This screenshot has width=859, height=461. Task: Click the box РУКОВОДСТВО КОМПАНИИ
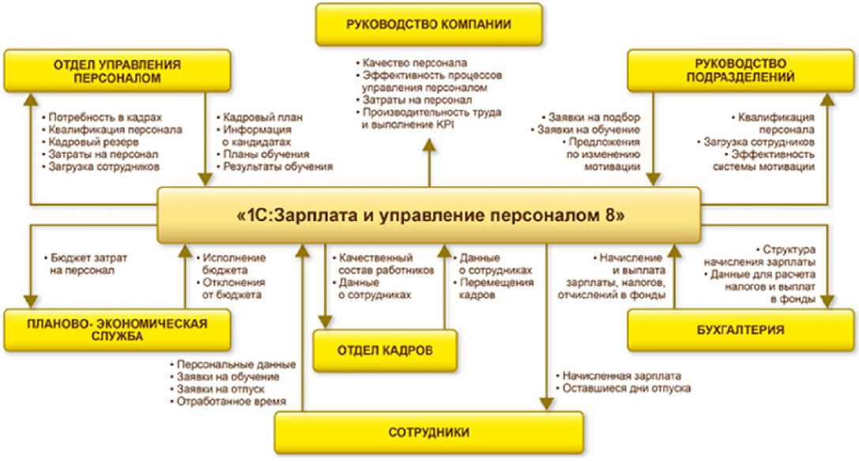click(428, 24)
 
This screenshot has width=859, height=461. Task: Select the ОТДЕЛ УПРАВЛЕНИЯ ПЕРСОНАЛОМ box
click(116, 71)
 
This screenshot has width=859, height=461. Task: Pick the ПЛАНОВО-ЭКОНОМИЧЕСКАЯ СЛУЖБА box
click(116, 329)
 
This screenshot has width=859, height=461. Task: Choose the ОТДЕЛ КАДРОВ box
click(386, 350)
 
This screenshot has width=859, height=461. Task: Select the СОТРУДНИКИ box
click(429, 433)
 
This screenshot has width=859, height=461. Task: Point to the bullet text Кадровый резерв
click(92, 142)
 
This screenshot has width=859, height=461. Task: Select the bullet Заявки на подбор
click(592, 117)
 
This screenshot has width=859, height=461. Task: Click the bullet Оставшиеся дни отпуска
click(627, 388)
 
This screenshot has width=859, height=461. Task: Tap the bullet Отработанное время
click(231, 402)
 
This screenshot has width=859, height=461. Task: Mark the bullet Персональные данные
click(235, 365)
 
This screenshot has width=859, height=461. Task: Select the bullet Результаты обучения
click(277, 167)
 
